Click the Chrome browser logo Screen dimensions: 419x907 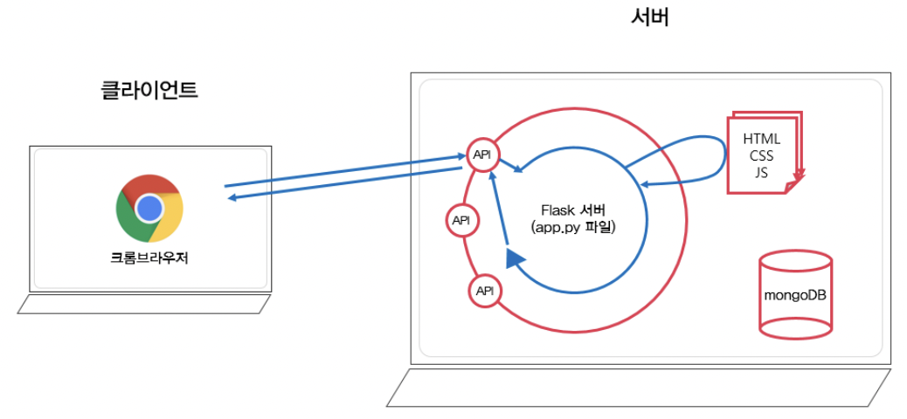(x=149, y=208)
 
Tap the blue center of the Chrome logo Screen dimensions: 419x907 (x=149, y=208)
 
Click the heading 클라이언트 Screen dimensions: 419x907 (x=149, y=90)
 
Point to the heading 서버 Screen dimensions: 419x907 (x=649, y=17)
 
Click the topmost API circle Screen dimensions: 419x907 (x=481, y=155)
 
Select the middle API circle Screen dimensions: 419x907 (x=460, y=221)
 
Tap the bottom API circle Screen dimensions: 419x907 (x=484, y=291)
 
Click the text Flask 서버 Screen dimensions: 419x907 (x=573, y=211)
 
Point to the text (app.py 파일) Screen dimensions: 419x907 (x=573, y=228)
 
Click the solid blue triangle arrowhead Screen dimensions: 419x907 (x=515, y=258)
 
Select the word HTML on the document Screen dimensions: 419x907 (x=761, y=139)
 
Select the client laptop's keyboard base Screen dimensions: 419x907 (x=144, y=304)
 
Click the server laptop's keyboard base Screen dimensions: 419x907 (x=639, y=387)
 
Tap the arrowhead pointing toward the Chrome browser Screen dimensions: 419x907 (x=233, y=198)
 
